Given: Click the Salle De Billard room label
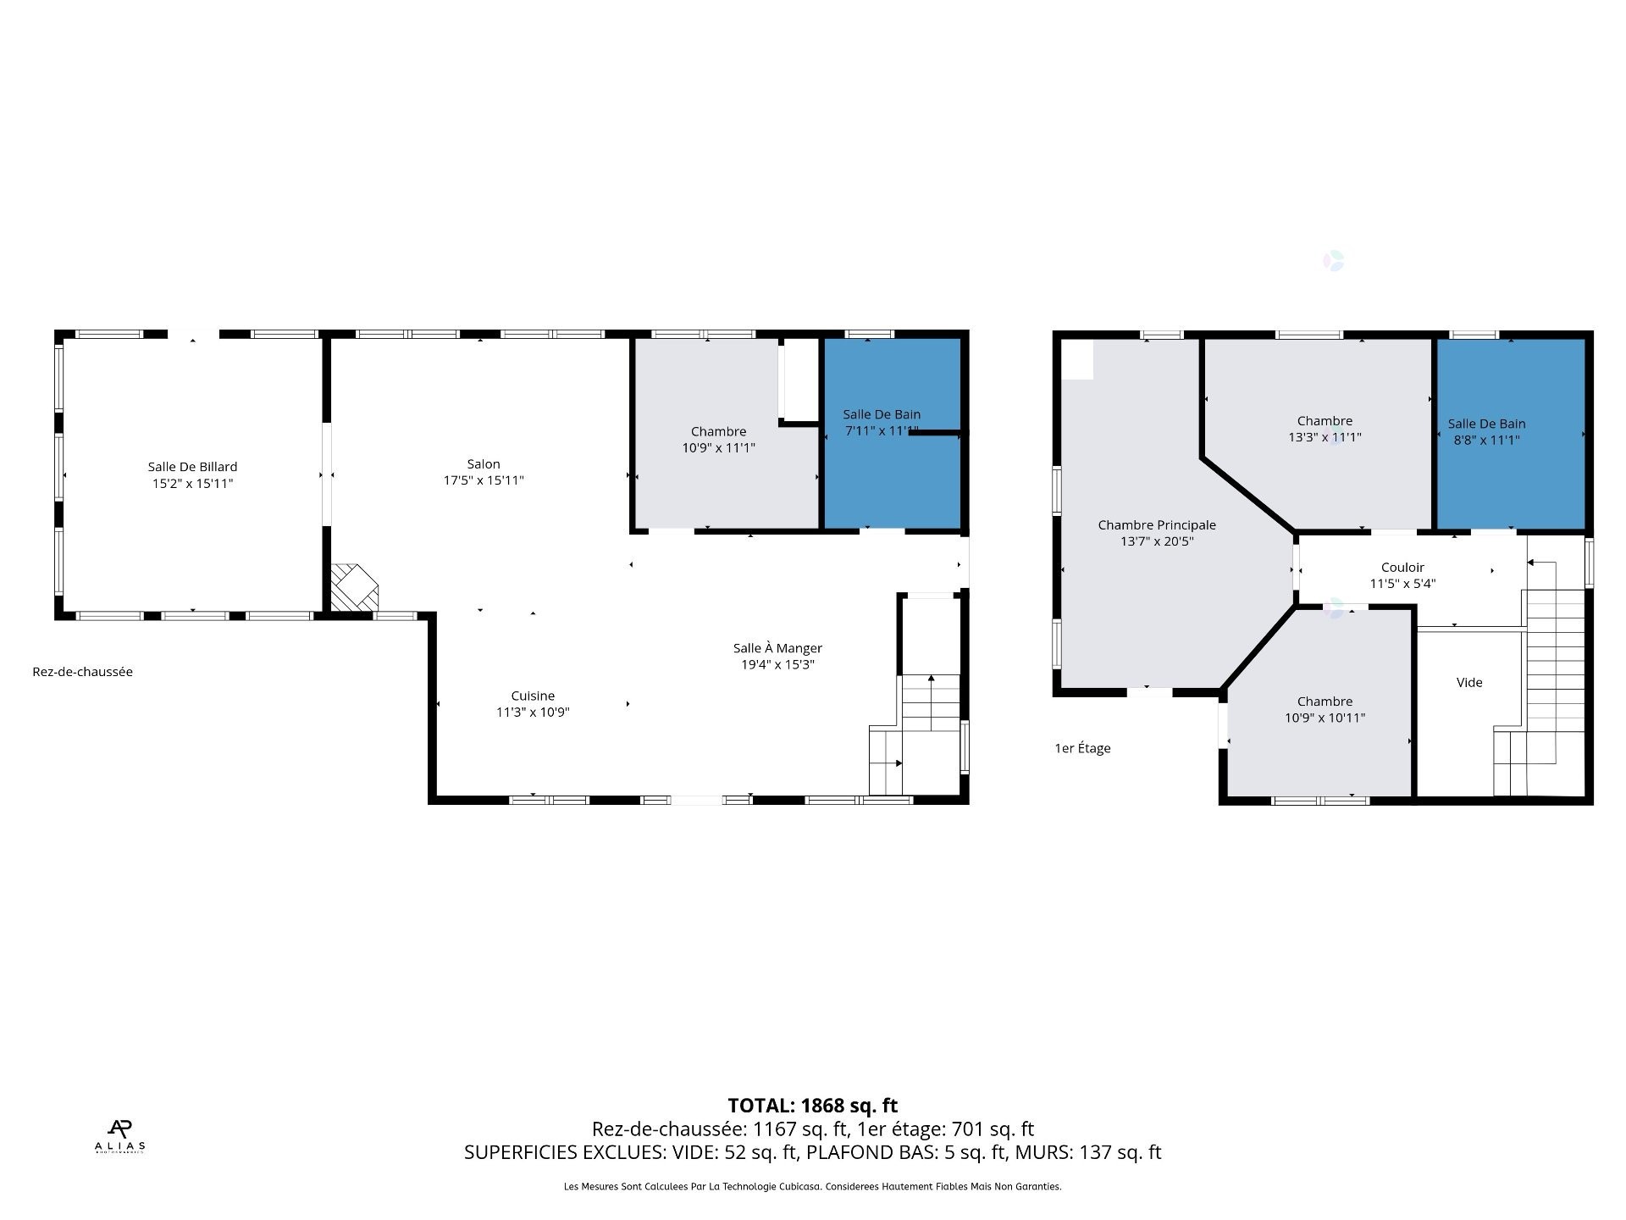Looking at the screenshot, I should [192, 467].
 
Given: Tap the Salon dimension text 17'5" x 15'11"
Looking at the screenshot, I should [484, 480].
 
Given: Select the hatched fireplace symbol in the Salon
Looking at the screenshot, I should [352, 587].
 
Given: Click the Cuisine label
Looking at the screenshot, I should [533, 696].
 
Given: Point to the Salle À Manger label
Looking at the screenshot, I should [777, 648].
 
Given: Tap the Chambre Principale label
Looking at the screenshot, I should [1157, 525].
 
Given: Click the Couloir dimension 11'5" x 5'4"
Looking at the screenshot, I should [1402, 584].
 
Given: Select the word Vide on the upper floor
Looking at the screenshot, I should [1469, 683].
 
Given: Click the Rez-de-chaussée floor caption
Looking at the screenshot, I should [82, 672].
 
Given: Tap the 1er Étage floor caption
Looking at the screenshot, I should [1082, 748].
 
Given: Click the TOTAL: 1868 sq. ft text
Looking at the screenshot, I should [812, 1106].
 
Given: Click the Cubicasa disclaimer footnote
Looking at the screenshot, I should [812, 1187].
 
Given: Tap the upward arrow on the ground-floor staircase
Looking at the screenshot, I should [931, 679].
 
